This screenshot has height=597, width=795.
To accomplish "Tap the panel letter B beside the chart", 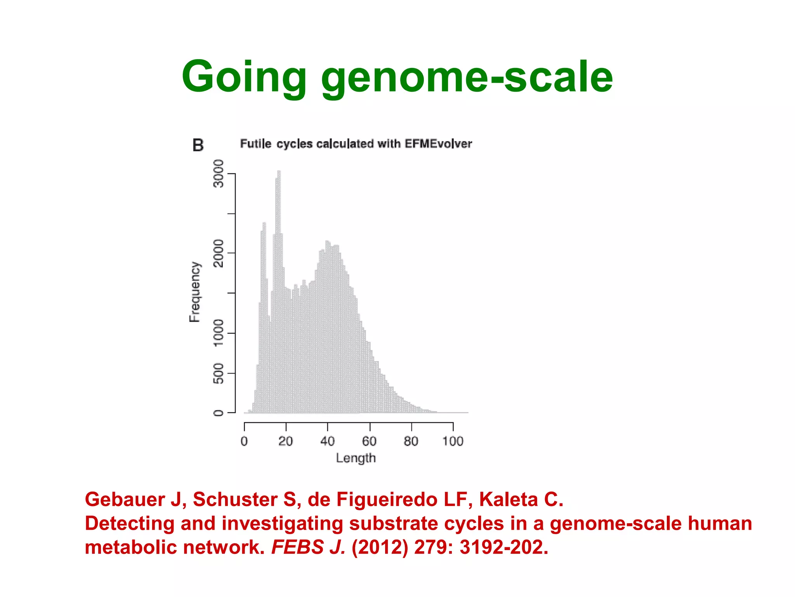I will (x=198, y=145).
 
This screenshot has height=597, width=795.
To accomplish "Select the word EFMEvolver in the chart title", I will (x=438, y=144).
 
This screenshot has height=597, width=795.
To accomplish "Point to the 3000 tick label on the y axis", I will (x=219, y=173).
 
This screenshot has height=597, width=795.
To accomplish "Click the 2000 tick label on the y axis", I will (x=219, y=253).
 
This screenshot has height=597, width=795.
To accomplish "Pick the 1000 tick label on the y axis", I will (x=219, y=333).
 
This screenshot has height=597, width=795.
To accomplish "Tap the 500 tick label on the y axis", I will (x=219, y=373).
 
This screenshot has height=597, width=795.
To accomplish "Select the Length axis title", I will (x=356, y=458).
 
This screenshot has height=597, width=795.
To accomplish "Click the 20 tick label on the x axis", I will (x=286, y=441).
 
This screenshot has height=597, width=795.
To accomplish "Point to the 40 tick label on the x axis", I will (x=327, y=441).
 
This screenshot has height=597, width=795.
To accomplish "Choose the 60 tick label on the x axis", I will (x=369, y=441).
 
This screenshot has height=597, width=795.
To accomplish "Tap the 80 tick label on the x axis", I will (x=411, y=441).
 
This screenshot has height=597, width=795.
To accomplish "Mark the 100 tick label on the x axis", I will (x=453, y=441).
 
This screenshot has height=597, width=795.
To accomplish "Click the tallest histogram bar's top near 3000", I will (x=279, y=172).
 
